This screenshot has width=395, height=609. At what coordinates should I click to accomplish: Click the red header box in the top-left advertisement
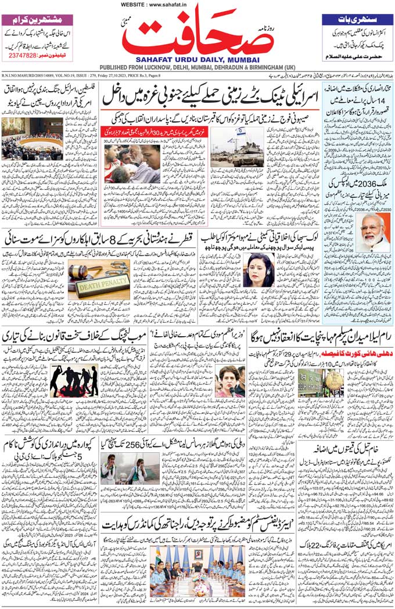[37, 18]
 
